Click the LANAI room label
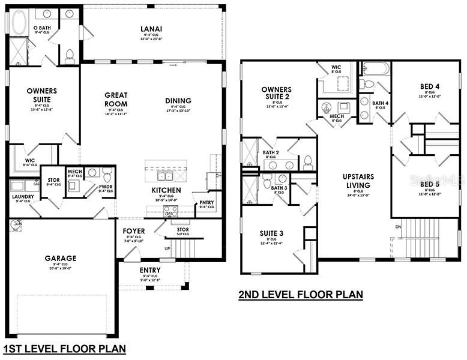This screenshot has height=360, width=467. tap(154, 28)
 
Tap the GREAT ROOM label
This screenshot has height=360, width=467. tap(115, 99)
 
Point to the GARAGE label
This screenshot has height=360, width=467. tap(61, 259)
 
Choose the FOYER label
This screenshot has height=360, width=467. tap(134, 231)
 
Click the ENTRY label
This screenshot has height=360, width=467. tap(150, 270)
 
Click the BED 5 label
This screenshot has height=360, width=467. tap(429, 184)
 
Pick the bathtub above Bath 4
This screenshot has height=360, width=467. tap(375, 68)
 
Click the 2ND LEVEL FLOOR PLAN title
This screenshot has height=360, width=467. tap(301, 295)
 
